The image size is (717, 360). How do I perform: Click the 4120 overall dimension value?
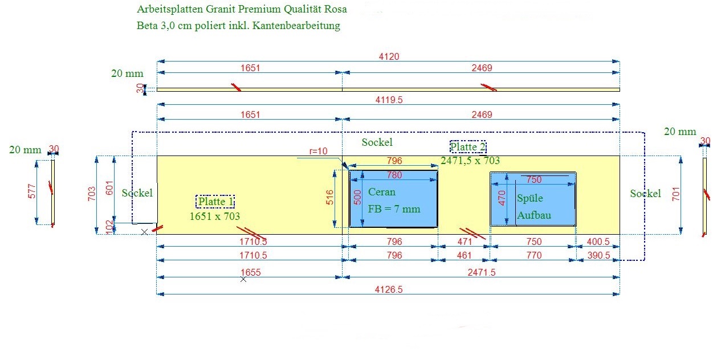coord(389,56)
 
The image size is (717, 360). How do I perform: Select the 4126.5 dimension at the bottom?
coord(389,289)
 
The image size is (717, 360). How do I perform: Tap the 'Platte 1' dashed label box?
coord(215,202)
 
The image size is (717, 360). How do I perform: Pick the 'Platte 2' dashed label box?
coord(468,147)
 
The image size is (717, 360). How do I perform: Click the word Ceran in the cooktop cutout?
coord(381,192)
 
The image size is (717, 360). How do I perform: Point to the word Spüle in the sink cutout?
coord(530,198)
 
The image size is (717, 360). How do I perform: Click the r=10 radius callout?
coord(318,151)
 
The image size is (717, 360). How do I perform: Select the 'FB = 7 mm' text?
coord(394,209)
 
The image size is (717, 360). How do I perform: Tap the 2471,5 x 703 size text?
coord(470,160)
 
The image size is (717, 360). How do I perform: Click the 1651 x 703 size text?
coord(215,216)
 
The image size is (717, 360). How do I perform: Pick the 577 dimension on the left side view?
coord(32,191)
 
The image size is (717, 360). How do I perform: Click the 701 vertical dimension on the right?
coord(676,194)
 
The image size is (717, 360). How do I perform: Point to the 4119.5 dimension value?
coord(389,100)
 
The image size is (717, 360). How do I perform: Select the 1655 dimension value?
coord(251,272)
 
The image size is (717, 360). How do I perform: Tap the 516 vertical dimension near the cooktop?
coord(329,197)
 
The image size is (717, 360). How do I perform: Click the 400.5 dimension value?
coord(598,242)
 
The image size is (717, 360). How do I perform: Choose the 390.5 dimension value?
coord(598,255)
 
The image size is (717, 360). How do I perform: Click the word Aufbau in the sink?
coord(534,215)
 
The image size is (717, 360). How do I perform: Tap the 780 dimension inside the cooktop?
coord(394,175)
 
